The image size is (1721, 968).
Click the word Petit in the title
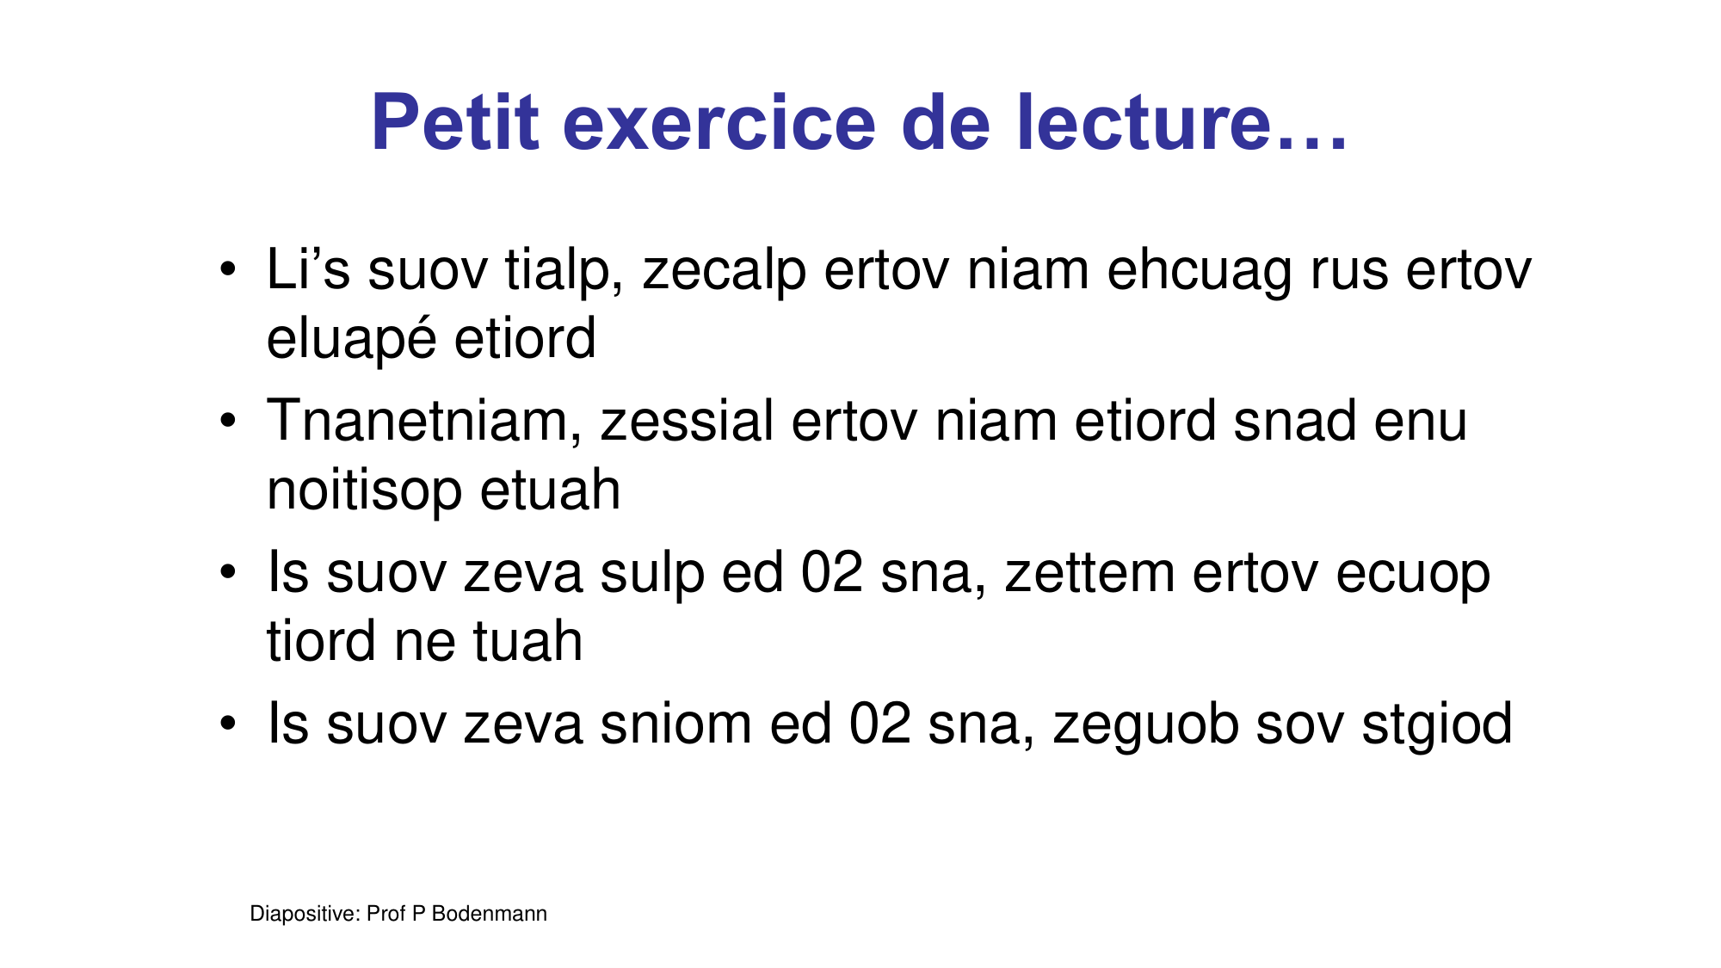pos(455,122)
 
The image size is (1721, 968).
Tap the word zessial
pos(688,421)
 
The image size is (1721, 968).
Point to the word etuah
pos(550,490)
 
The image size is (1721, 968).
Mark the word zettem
pos(1089,573)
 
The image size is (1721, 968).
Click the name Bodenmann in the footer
pos(489,914)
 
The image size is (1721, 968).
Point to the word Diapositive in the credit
pos(304,915)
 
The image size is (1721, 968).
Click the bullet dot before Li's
pos(227,269)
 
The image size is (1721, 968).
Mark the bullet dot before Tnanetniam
pos(227,421)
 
